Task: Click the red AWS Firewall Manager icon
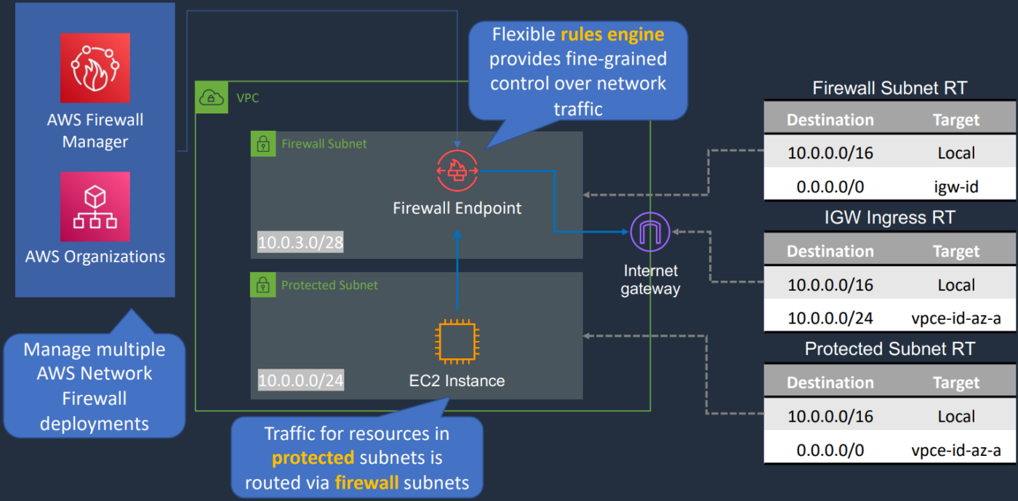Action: click(95, 68)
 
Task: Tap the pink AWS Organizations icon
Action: click(95, 207)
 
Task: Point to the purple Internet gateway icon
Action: click(650, 233)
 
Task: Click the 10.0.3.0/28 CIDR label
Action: click(300, 242)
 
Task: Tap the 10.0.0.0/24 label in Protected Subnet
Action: click(300, 380)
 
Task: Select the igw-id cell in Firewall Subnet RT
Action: click(955, 187)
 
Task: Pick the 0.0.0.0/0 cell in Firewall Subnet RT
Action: click(830, 187)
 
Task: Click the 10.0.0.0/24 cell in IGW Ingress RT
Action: click(830, 318)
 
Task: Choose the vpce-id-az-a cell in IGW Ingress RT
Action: click(955, 318)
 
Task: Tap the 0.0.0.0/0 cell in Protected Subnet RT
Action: click(830, 449)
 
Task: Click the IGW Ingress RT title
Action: click(889, 217)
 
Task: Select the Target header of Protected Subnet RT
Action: click(955, 383)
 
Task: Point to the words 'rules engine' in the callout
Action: click(612, 34)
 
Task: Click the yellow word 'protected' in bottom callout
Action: click(313, 458)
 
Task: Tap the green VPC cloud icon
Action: click(211, 97)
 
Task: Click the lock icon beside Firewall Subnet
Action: click(262, 144)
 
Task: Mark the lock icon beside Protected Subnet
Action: click(262, 285)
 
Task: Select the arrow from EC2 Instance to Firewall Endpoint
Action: click(457, 273)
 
